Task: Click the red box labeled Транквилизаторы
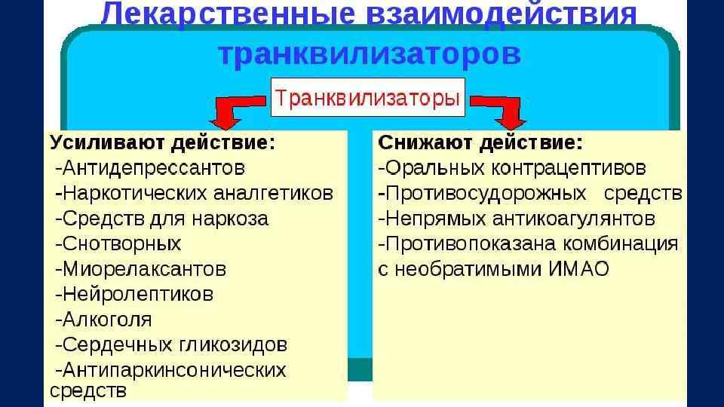click(367, 98)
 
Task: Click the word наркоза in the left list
click(231, 219)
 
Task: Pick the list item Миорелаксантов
click(144, 269)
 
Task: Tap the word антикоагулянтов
click(573, 219)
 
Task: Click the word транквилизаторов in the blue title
click(369, 55)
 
